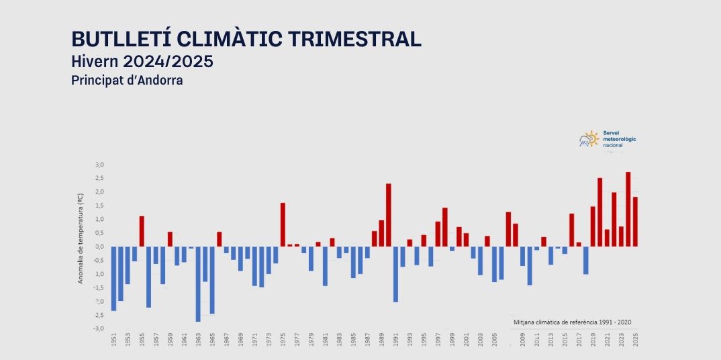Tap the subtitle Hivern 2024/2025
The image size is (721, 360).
coord(142,62)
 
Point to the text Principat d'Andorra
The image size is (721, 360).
coord(127,80)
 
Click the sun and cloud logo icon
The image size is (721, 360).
coord(589,139)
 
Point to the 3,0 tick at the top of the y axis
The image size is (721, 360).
coord(99,165)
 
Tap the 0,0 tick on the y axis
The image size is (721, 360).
coord(99,246)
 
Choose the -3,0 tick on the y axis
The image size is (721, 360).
coord(99,328)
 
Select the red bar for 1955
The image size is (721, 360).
coord(142,231)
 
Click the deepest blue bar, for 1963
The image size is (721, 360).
coord(198,283)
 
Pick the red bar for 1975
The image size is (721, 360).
coord(283,224)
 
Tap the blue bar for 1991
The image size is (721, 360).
coord(395,274)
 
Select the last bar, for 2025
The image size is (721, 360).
coord(635,222)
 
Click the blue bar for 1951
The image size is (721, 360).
coord(113,278)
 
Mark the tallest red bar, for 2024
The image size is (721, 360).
coord(628,209)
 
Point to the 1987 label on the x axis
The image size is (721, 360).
coord(367,340)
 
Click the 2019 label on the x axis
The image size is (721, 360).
coord(593,340)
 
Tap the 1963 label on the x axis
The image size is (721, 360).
coord(198,340)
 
